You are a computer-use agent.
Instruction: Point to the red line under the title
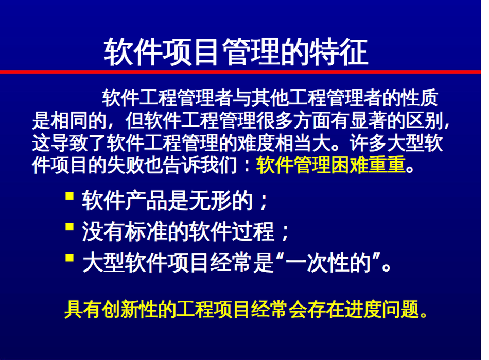(240, 72)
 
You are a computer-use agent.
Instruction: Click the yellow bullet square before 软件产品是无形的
(69, 196)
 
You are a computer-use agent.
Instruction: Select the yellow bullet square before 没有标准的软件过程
(69, 227)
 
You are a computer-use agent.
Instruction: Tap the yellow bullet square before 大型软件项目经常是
(69, 258)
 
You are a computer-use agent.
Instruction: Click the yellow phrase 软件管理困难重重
(331, 165)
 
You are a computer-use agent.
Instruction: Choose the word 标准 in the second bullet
(146, 231)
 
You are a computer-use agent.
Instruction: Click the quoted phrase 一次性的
(328, 263)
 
